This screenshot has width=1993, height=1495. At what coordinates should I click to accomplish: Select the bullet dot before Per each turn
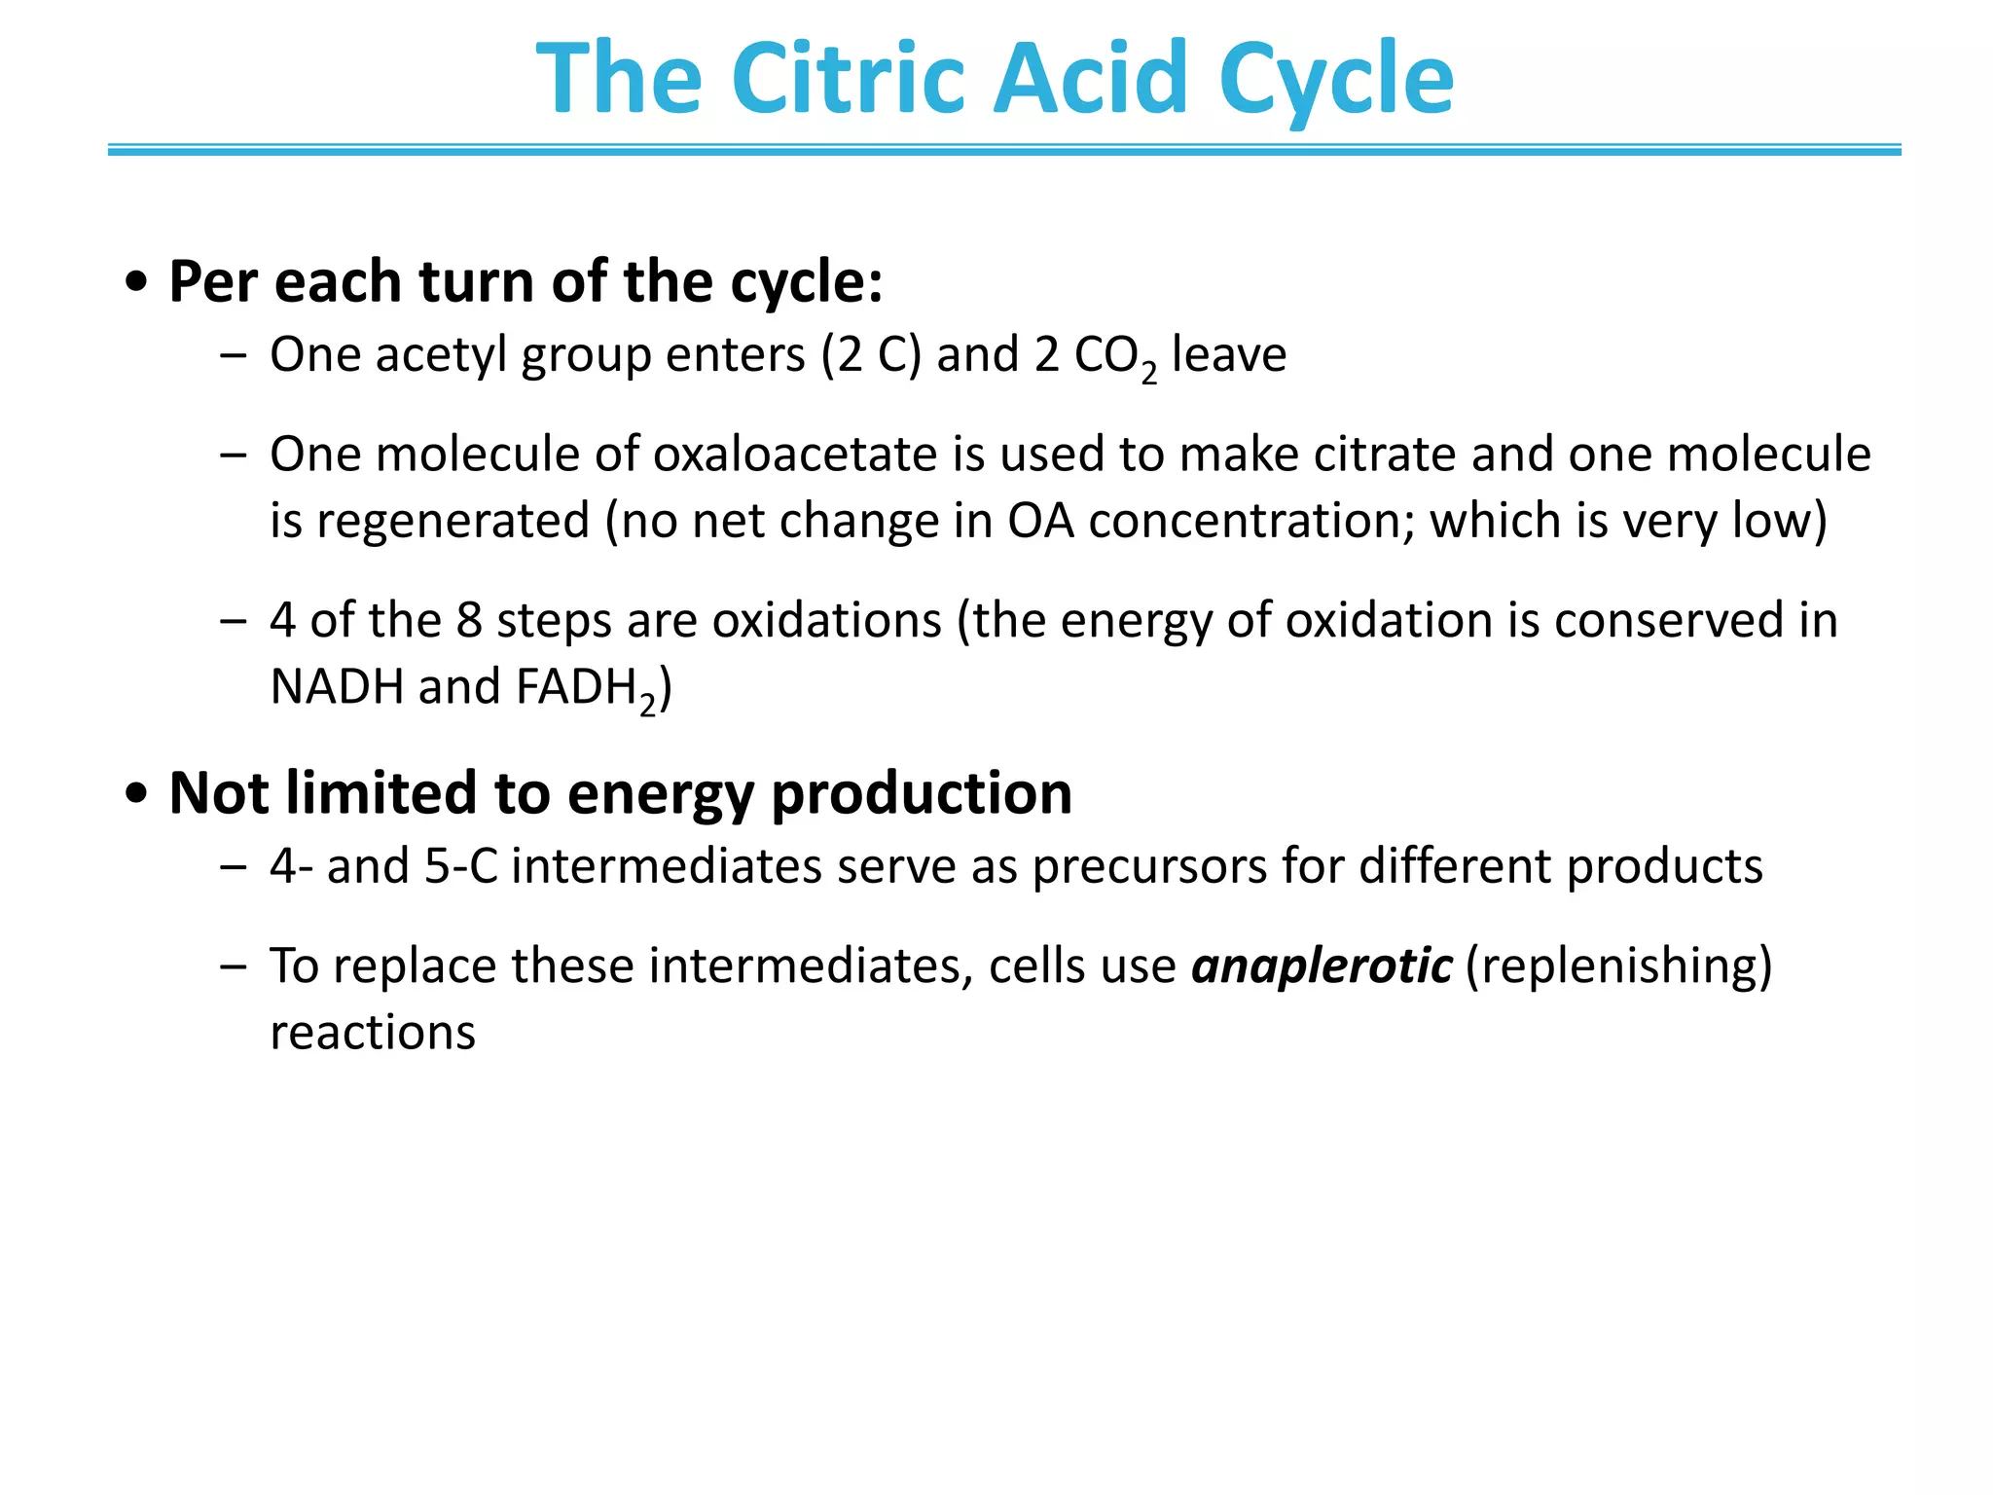[137, 283]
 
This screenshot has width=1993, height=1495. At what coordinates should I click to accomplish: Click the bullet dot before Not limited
[137, 794]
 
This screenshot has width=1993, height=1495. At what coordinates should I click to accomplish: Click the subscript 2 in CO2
[1149, 373]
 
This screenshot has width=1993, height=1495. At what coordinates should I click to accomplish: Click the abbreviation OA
[1040, 521]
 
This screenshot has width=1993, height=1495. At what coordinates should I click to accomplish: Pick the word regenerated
[453, 521]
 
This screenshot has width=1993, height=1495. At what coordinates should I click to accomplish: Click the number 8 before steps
[469, 620]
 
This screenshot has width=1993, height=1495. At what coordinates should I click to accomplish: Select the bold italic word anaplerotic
[1322, 966]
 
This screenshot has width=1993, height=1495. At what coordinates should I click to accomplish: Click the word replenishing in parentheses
[1618, 966]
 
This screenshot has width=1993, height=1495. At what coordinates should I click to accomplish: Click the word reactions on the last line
[373, 1032]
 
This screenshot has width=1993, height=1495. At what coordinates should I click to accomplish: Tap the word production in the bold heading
[921, 792]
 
